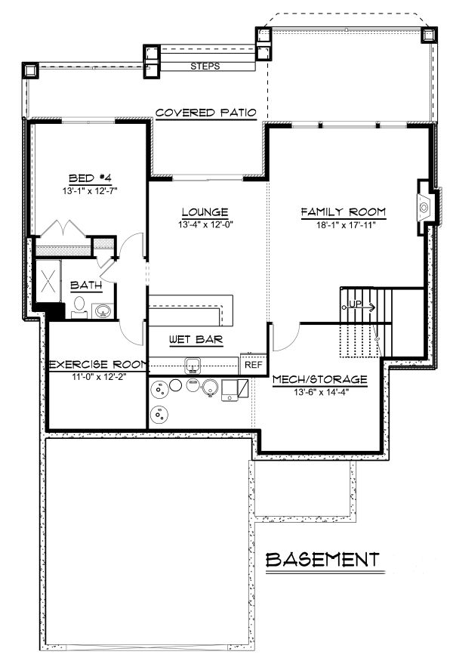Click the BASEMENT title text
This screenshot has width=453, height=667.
click(323, 560)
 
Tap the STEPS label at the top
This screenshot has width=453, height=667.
click(205, 66)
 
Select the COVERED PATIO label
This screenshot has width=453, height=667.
click(205, 113)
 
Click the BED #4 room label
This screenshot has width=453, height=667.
click(90, 178)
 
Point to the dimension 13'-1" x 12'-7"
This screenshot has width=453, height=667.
click(90, 190)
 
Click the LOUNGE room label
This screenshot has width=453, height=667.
click(205, 212)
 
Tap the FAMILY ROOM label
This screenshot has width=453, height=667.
click(344, 212)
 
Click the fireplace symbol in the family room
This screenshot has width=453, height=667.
click(426, 204)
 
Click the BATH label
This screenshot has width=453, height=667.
click(86, 286)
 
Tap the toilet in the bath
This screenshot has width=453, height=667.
click(79, 307)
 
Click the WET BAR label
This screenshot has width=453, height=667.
click(195, 340)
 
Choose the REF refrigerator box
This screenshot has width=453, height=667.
click(253, 365)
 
